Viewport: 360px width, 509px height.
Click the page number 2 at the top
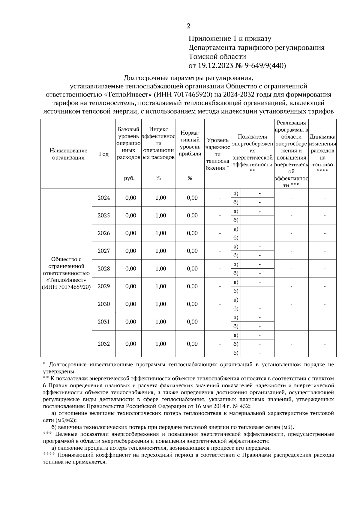click(x=188, y=26)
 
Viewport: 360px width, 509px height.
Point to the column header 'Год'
click(x=103, y=154)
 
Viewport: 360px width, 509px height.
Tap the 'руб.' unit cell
click(x=129, y=178)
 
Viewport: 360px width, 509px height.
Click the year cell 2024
click(x=104, y=198)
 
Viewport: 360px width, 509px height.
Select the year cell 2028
click(x=104, y=269)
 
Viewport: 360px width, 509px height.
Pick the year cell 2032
click(x=104, y=344)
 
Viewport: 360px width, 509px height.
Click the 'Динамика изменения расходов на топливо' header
click(x=322, y=154)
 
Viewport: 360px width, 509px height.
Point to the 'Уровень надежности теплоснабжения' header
click(x=217, y=154)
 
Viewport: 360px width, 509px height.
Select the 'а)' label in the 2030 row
click(x=236, y=300)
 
